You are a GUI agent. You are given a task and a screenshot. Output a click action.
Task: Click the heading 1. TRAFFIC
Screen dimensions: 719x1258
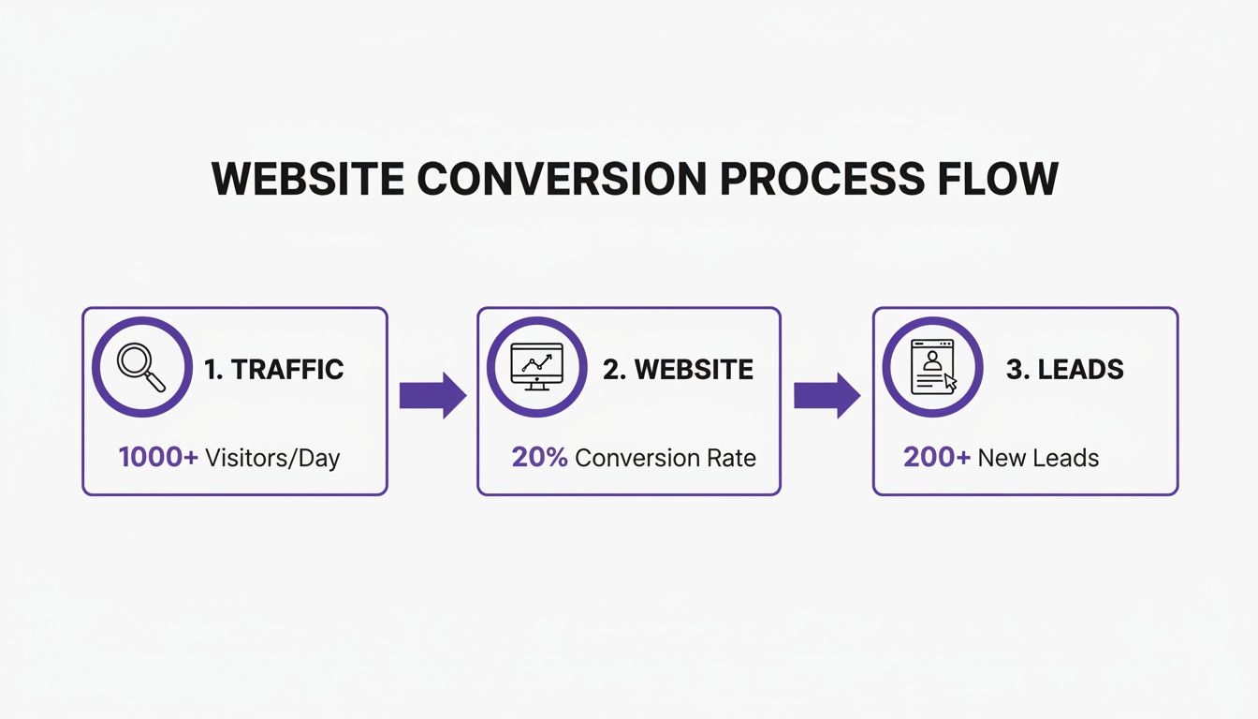[274, 369]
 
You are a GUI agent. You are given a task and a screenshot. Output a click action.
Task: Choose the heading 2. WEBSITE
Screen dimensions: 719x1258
[678, 369]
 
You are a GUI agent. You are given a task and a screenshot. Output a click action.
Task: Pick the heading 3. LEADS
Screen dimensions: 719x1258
[1064, 369]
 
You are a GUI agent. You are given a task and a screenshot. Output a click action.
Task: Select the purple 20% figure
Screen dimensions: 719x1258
[539, 458]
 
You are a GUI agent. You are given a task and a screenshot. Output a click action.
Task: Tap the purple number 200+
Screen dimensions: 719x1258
[937, 458]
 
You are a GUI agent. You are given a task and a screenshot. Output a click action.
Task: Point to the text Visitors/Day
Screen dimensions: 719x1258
[272, 458]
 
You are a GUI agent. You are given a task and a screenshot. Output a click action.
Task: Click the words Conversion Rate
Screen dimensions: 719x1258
[666, 458]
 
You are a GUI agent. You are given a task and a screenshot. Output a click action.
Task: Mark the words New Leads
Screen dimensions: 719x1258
[1038, 458]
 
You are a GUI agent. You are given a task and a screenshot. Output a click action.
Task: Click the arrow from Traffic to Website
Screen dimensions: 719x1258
[432, 395]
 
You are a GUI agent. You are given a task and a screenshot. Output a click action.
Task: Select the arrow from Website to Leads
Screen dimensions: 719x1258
[826, 395]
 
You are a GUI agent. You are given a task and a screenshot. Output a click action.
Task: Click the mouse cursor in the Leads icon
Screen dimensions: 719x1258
[951, 382]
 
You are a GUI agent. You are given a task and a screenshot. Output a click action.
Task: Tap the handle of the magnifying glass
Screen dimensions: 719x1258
[156, 382]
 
